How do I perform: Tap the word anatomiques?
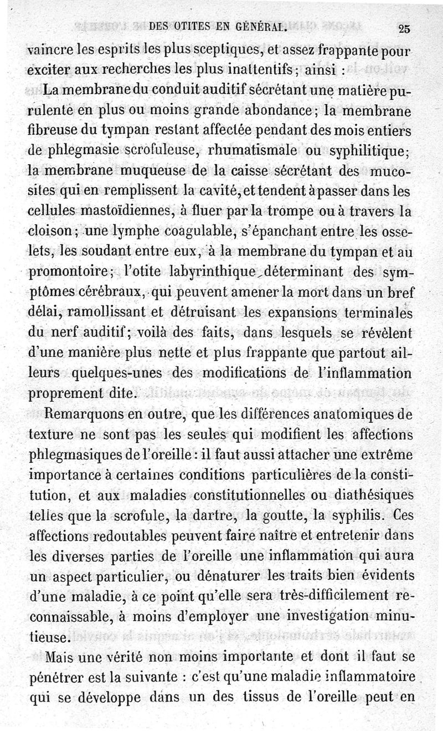coord(344,414)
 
